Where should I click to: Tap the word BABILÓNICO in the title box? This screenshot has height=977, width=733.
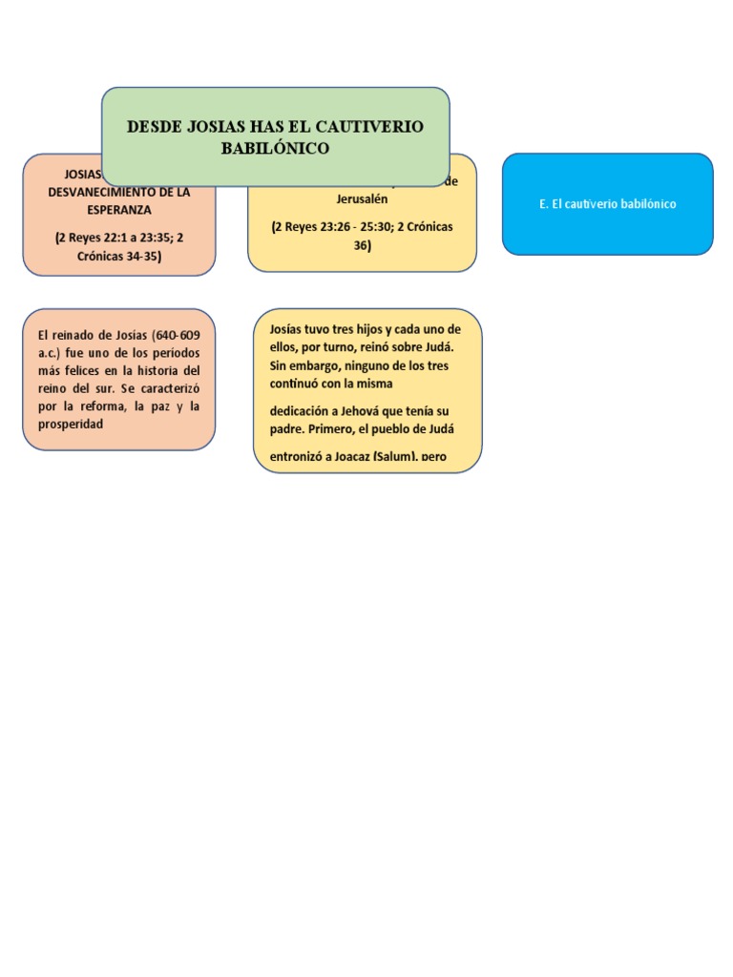pyautogui.click(x=275, y=148)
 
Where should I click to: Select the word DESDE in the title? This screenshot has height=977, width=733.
pyautogui.click(x=154, y=127)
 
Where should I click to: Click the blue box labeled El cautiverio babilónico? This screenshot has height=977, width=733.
pyautogui.click(x=607, y=204)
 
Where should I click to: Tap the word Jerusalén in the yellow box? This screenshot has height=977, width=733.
pyautogui.click(x=362, y=198)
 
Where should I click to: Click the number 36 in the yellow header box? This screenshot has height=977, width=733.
pyautogui.click(x=362, y=245)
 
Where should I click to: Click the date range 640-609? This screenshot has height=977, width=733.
pyautogui.click(x=177, y=335)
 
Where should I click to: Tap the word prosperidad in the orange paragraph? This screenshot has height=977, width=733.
pyautogui.click(x=71, y=423)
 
